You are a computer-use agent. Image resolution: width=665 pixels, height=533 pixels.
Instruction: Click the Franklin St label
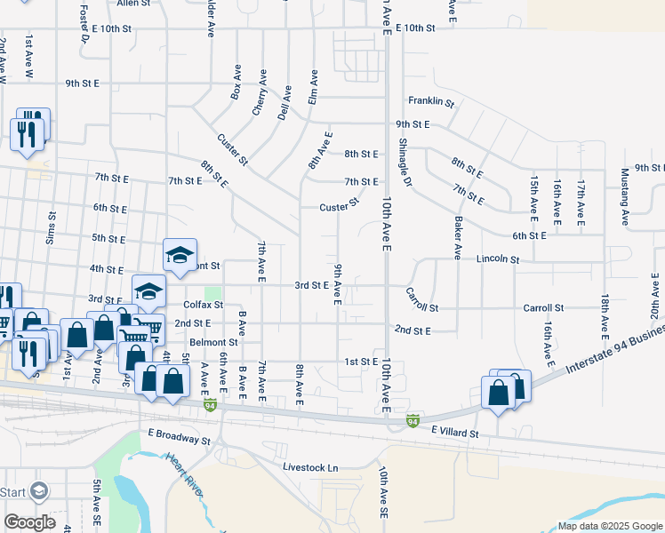pos(431,103)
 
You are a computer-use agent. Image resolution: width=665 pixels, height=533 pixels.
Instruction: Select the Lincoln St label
pos(497,259)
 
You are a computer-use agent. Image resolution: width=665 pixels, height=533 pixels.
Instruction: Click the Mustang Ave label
pos(625,194)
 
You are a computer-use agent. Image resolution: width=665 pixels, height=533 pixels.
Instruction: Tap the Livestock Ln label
pos(311,466)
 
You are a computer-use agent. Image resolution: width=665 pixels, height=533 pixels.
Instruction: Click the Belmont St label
pos(213,342)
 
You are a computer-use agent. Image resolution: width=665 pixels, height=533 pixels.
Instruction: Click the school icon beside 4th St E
pos(180,255)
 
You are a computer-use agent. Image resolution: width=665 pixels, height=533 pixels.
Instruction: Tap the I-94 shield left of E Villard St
pos(413,418)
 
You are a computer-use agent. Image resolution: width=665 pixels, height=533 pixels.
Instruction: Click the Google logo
pos(31,522)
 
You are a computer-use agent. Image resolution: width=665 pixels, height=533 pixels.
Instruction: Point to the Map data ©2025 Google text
pos(609,526)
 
